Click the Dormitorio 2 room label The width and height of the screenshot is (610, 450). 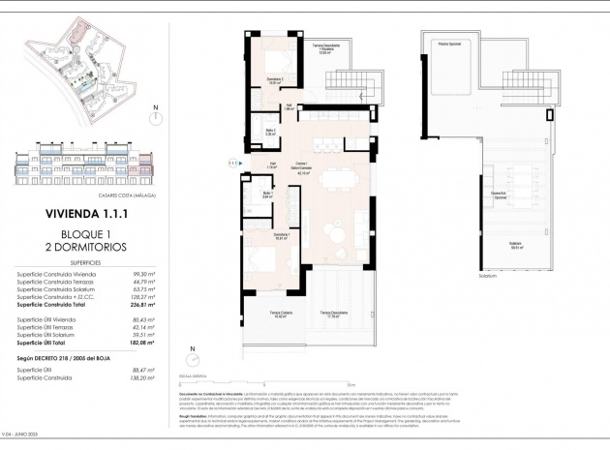[273, 80]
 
